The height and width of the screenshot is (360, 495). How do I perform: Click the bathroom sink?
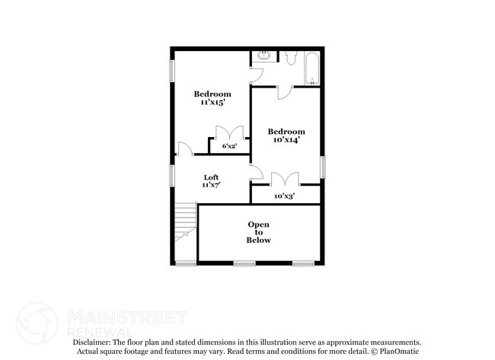[263, 56]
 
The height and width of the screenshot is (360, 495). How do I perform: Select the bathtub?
[311, 68]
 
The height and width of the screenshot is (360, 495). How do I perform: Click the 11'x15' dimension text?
[212, 103]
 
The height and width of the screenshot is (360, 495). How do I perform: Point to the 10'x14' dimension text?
[286, 140]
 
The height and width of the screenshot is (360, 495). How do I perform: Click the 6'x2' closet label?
[228, 145]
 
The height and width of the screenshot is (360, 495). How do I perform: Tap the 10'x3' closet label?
[285, 196]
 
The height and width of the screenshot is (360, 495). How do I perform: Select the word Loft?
[211, 177]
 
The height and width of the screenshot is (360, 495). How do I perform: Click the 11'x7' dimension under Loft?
[211, 185]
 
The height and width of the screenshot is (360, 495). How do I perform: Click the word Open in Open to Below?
[259, 224]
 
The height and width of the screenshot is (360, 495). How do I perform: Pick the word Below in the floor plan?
[259, 241]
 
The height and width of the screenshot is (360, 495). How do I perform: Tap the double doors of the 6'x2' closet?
[228, 131]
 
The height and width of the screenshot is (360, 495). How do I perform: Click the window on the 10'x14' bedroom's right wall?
[322, 167]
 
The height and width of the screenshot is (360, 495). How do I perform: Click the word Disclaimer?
[96, 343]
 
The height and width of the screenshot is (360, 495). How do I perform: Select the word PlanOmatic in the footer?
[399, 352]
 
